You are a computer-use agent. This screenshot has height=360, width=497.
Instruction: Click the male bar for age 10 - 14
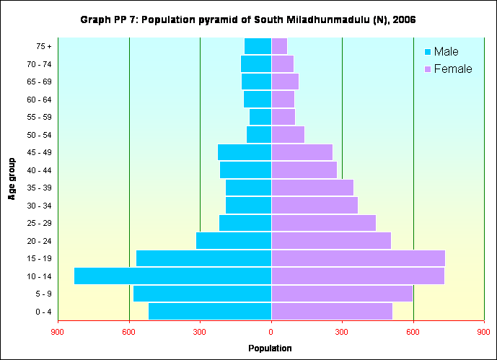click(x=172, y=276)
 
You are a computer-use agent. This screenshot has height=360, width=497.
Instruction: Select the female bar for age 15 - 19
click(x=358, y=258)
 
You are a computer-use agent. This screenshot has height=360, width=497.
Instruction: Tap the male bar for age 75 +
click(x=258, y=46)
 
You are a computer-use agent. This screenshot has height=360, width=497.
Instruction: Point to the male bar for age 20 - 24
click(x=234, y=241)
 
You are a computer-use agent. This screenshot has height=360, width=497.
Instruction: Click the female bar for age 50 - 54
click(x=288, y=135)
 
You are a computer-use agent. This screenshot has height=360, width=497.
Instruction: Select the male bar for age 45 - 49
click(x=245, y=152)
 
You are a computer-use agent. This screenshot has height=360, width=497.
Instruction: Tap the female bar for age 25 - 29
click(x=323, y=223)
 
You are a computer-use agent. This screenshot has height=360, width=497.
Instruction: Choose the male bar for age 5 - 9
click(x=202, y=294)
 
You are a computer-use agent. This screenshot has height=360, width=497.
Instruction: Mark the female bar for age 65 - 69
click(x=285, y=82)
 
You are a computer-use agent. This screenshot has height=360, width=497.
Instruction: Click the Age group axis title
click(x=12, y=179)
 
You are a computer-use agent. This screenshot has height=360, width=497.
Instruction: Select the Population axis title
click(x=270, y=348)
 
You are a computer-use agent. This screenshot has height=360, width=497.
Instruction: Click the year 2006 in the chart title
click(x=404, y=19)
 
